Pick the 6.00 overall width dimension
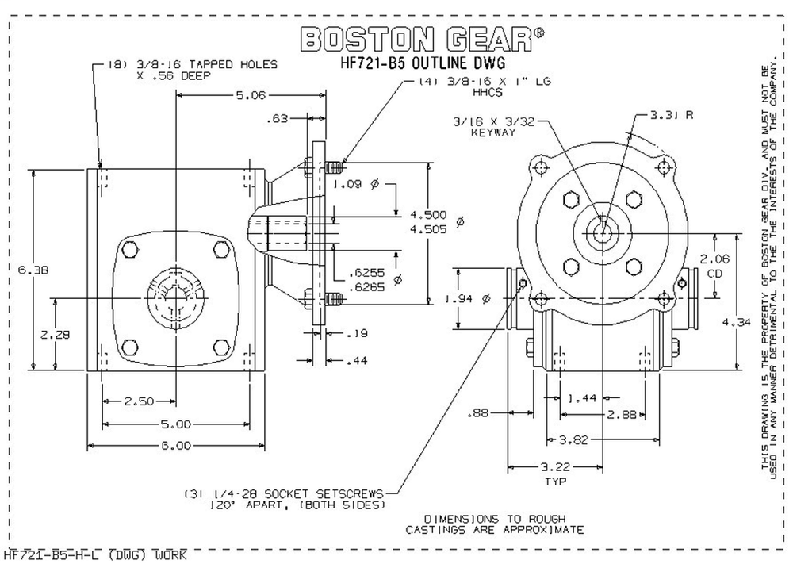176,445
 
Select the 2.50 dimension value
139,401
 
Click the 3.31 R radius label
672,114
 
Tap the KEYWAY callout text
492,132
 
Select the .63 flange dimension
277,120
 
